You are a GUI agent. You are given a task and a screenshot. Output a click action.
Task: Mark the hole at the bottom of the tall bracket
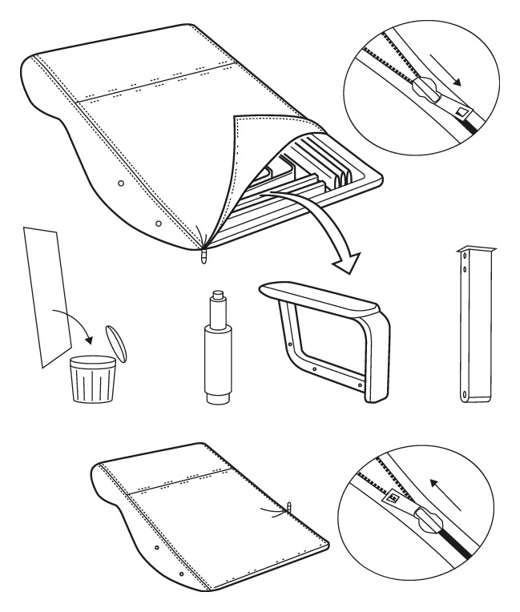click(464, 393)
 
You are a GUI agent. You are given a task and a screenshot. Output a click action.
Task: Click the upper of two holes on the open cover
click(120, 183)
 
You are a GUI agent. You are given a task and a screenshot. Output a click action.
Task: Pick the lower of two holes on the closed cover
click(182, 575)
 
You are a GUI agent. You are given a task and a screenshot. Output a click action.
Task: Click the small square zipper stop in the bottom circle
click(393, 498)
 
